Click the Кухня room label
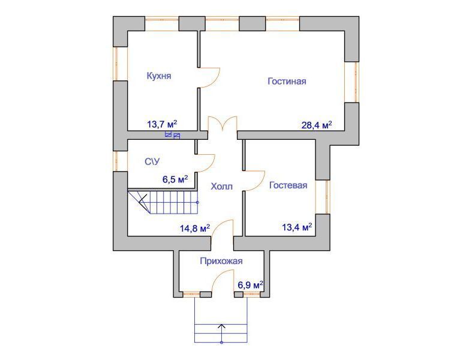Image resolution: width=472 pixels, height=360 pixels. tap(159, 76)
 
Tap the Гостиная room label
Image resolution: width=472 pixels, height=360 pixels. tap(287, 81)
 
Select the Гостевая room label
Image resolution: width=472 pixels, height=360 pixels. tap(288, 185)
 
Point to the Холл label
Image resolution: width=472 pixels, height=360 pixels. tap(221, 186)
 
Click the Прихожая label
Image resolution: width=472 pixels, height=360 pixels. tap(221, 261)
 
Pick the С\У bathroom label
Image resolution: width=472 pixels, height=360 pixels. tap(152, 162)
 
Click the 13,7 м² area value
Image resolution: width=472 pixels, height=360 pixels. tap(162, 124)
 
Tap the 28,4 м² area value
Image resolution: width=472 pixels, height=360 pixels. tap(317, 125)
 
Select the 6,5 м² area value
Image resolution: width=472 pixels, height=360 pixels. tap(176, 179)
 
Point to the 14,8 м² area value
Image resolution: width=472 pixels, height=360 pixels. tap(195, 228)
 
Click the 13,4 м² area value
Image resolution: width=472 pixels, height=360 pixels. tap(297, 227)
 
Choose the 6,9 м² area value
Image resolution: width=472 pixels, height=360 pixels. tap(251, 284)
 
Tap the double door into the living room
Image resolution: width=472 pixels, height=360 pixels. tap(223, 124)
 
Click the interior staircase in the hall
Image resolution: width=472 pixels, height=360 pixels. tap(163, 202)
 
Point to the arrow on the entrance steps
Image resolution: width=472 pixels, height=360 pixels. tap(222, 334)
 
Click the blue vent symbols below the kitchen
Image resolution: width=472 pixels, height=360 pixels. tap(173, 135)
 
